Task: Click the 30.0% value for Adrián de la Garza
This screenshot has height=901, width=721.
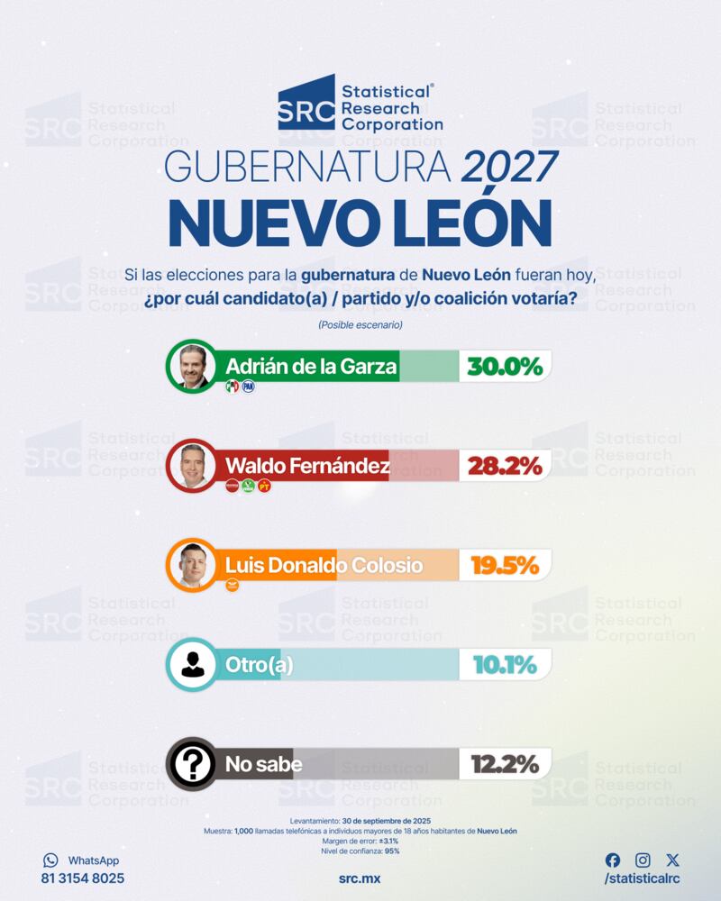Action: click(505, 367)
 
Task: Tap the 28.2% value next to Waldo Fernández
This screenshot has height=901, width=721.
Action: click(505, 466)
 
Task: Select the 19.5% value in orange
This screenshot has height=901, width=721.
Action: click(505, 565)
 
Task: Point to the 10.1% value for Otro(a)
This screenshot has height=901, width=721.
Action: click(505, 665)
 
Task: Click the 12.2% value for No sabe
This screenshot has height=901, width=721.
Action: click(505, 765)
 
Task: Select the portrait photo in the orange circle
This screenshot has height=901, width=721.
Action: click(193, 565)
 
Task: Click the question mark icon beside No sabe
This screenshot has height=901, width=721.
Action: click(193, 765)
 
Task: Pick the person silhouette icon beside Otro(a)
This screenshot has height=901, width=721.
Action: click(193, 665)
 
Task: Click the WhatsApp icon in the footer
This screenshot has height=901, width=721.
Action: click(50, 860)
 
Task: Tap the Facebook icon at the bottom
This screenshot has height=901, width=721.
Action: click(613, 860)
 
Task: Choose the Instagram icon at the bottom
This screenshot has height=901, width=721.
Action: click(643, 860)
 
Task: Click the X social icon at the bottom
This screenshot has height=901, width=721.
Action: click(672, 860)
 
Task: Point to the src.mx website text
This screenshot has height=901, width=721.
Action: click(360, 878)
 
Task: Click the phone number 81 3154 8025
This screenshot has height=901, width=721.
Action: click(83, 878)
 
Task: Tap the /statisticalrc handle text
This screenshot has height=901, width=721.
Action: click(642, 878)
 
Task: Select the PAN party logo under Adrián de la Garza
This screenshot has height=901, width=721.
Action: click(248, 387)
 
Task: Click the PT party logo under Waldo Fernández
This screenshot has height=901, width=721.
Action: click(264, 487)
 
